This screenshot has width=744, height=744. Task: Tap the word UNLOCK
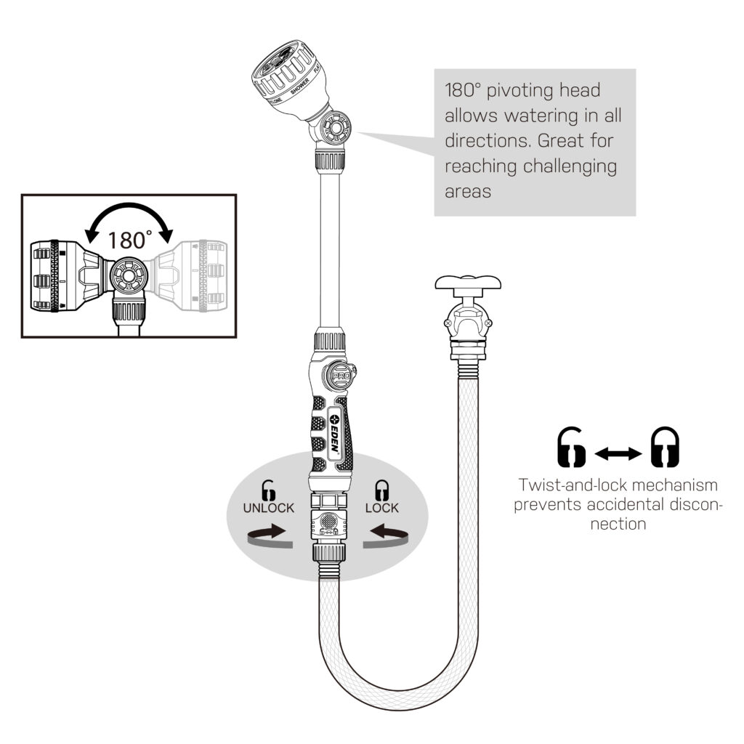coord(269,508)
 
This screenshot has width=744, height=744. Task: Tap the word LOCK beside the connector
coord(381,508)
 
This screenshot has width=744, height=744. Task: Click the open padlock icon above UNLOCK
coord(269,489)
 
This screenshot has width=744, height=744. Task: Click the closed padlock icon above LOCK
coord(381,489)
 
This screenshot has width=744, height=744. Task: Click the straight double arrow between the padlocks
coord(618,454)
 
